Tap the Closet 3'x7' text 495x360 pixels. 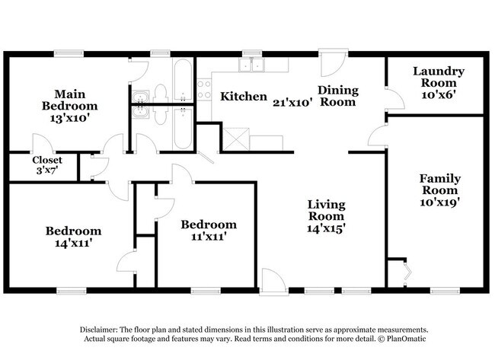[x=46, y=165]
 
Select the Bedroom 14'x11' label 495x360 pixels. [x=73, y=236]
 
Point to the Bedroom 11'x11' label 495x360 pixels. [x=208, y=230]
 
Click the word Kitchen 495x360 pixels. [x=243, y=97]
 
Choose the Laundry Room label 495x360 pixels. [x=438, y=82]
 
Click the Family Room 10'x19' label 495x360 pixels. [x=439, y=190]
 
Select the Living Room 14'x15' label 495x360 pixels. [x=326, y=216]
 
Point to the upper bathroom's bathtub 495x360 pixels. [x=183, y=81]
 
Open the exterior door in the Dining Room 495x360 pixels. [x=332, y=64]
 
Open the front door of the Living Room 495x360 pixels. [x=271, y=281]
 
